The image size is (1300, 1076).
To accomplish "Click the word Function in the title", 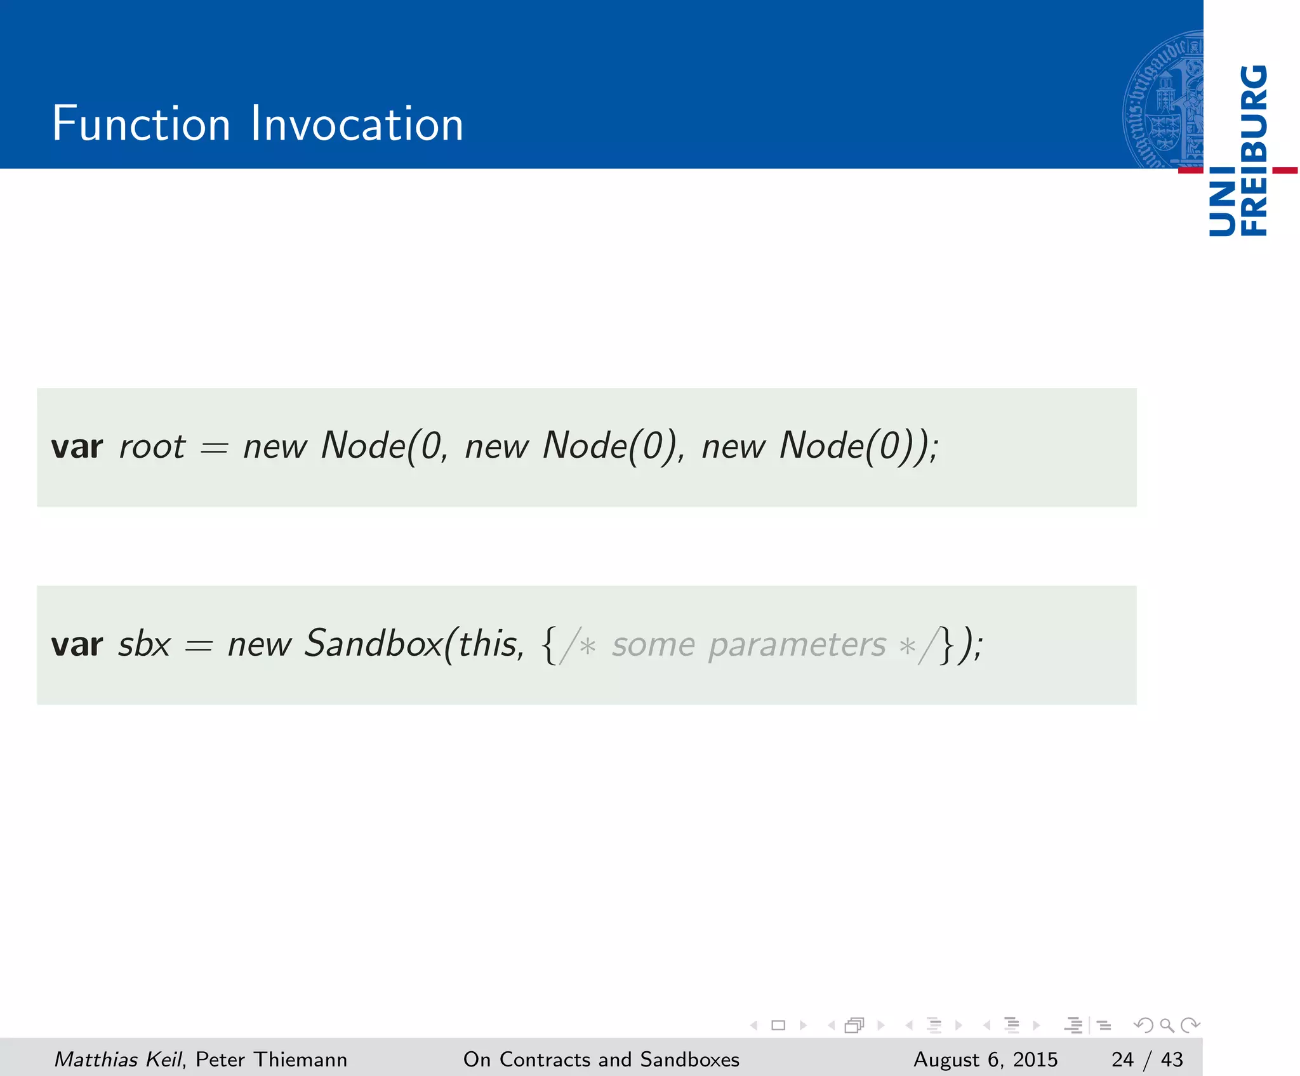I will [141, 124].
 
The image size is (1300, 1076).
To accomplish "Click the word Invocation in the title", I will [357, 124].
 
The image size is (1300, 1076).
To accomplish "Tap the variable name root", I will [152, 446].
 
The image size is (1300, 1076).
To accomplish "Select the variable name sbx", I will [145, 644].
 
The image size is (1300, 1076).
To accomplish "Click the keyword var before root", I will [77, 447].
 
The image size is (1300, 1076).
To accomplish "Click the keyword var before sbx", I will [77, 645].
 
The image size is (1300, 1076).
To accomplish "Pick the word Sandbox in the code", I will [373, 644].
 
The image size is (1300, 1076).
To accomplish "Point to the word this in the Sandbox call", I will [487, 644].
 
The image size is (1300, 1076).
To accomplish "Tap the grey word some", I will [653, 646].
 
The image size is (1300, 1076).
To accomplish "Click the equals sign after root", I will [214, 449].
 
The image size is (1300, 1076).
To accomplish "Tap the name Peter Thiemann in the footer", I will [271, 1059].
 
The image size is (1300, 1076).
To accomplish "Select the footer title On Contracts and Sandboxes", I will [601, 1059].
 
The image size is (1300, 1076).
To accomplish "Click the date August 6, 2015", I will [985, 1059].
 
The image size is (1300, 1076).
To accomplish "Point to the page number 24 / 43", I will [1147, 1059].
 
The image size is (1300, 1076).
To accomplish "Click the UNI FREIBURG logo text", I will [1238, 151].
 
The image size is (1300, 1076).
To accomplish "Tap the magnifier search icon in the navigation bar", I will [1167, 1025].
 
